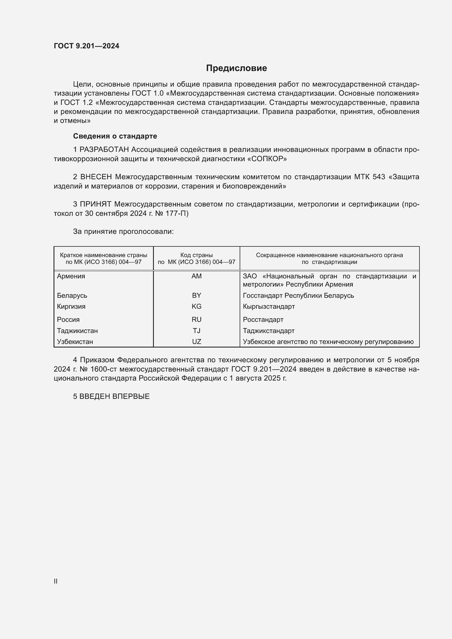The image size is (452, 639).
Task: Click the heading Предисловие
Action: pyautogui.click(x=236, y=68)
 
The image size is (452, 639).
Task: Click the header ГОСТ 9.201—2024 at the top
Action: pyautogui.click(x=86, y=46)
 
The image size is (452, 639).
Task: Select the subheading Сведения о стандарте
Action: pyautogui.click(x=115, y=136)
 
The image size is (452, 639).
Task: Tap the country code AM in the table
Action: pyautogui.click(x=196, y=276)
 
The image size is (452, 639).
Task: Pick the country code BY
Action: pyautogui.click(x=196, y=295)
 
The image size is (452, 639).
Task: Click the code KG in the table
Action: pyautogui.click(x=196, y=307)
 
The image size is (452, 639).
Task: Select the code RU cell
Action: pyautogui.click(x=196, y=320)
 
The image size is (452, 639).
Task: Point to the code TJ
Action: pyautogui.click(x=196, y=331)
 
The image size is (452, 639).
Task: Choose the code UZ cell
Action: pyautogui.click(x=196, y=341)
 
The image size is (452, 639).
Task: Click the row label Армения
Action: pyautogui.click(x=71, y=276)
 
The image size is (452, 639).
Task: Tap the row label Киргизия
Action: pyautogui.click(x=71, y=307)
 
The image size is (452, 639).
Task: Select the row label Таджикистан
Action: pyautogui.click(x=77, y=331)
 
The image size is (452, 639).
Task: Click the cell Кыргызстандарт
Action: pyautogui.click(x=269, y=307)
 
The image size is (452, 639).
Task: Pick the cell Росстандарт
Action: pyautogui.click(x=263, y=320)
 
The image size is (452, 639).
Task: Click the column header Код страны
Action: pyautogui.click(x=196, y=255)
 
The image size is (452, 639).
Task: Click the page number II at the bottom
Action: pyautogui.click(x=56, y=581)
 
